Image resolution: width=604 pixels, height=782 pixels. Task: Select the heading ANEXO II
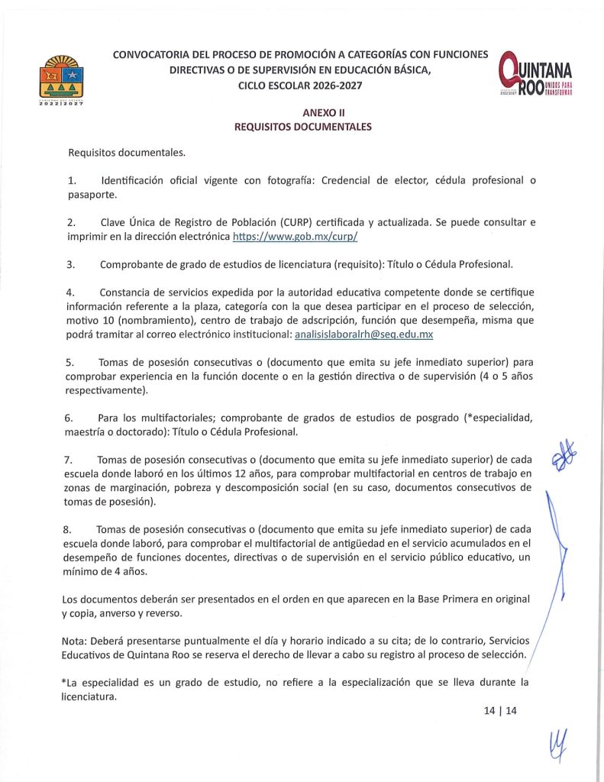[x=302, y=111]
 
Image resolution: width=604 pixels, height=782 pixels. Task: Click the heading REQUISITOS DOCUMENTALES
[x=302, y=127]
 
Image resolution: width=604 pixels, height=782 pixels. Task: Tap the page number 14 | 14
[x=500, y=710]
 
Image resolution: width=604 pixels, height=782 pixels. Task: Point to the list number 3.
[x=70, y=264]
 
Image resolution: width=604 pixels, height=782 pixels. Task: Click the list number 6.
[x=69, y=418]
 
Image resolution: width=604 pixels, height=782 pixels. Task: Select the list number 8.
[x=69, y=528]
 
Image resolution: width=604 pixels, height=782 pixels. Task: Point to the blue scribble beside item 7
[x=564, y=457]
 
